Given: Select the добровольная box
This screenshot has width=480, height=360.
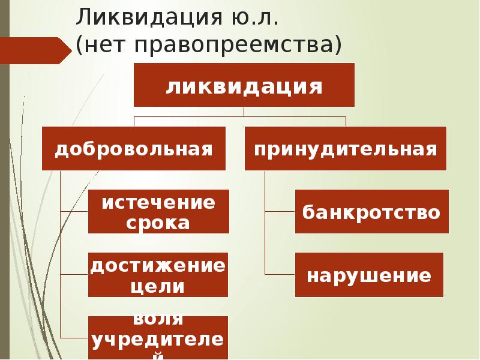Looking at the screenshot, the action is [134, 148].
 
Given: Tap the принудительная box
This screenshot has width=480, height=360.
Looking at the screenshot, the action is [346, 148].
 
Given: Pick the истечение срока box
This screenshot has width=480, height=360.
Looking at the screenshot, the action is [158, 211].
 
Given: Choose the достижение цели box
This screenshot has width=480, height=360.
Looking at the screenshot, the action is [158, 274].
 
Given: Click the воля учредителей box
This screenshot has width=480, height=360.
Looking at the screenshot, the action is [158, 337].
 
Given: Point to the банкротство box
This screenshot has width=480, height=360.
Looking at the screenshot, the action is [371, 211].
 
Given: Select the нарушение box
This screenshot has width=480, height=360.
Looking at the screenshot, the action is [369, 275].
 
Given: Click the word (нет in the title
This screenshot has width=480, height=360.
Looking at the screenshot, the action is [98, 45].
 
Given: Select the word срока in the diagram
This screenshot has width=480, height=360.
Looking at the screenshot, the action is [158, 223].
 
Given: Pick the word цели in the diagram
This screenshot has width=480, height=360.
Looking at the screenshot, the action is [158, 286].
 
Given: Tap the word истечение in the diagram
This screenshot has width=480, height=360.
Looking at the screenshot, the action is [158, 202].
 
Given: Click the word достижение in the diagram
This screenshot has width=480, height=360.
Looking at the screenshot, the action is [158, 264].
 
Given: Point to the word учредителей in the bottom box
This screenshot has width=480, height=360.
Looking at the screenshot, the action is [158, 340].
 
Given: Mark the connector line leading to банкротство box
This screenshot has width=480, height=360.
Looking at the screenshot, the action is [280, 211].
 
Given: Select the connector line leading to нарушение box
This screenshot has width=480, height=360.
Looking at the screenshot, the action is [280, 274].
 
